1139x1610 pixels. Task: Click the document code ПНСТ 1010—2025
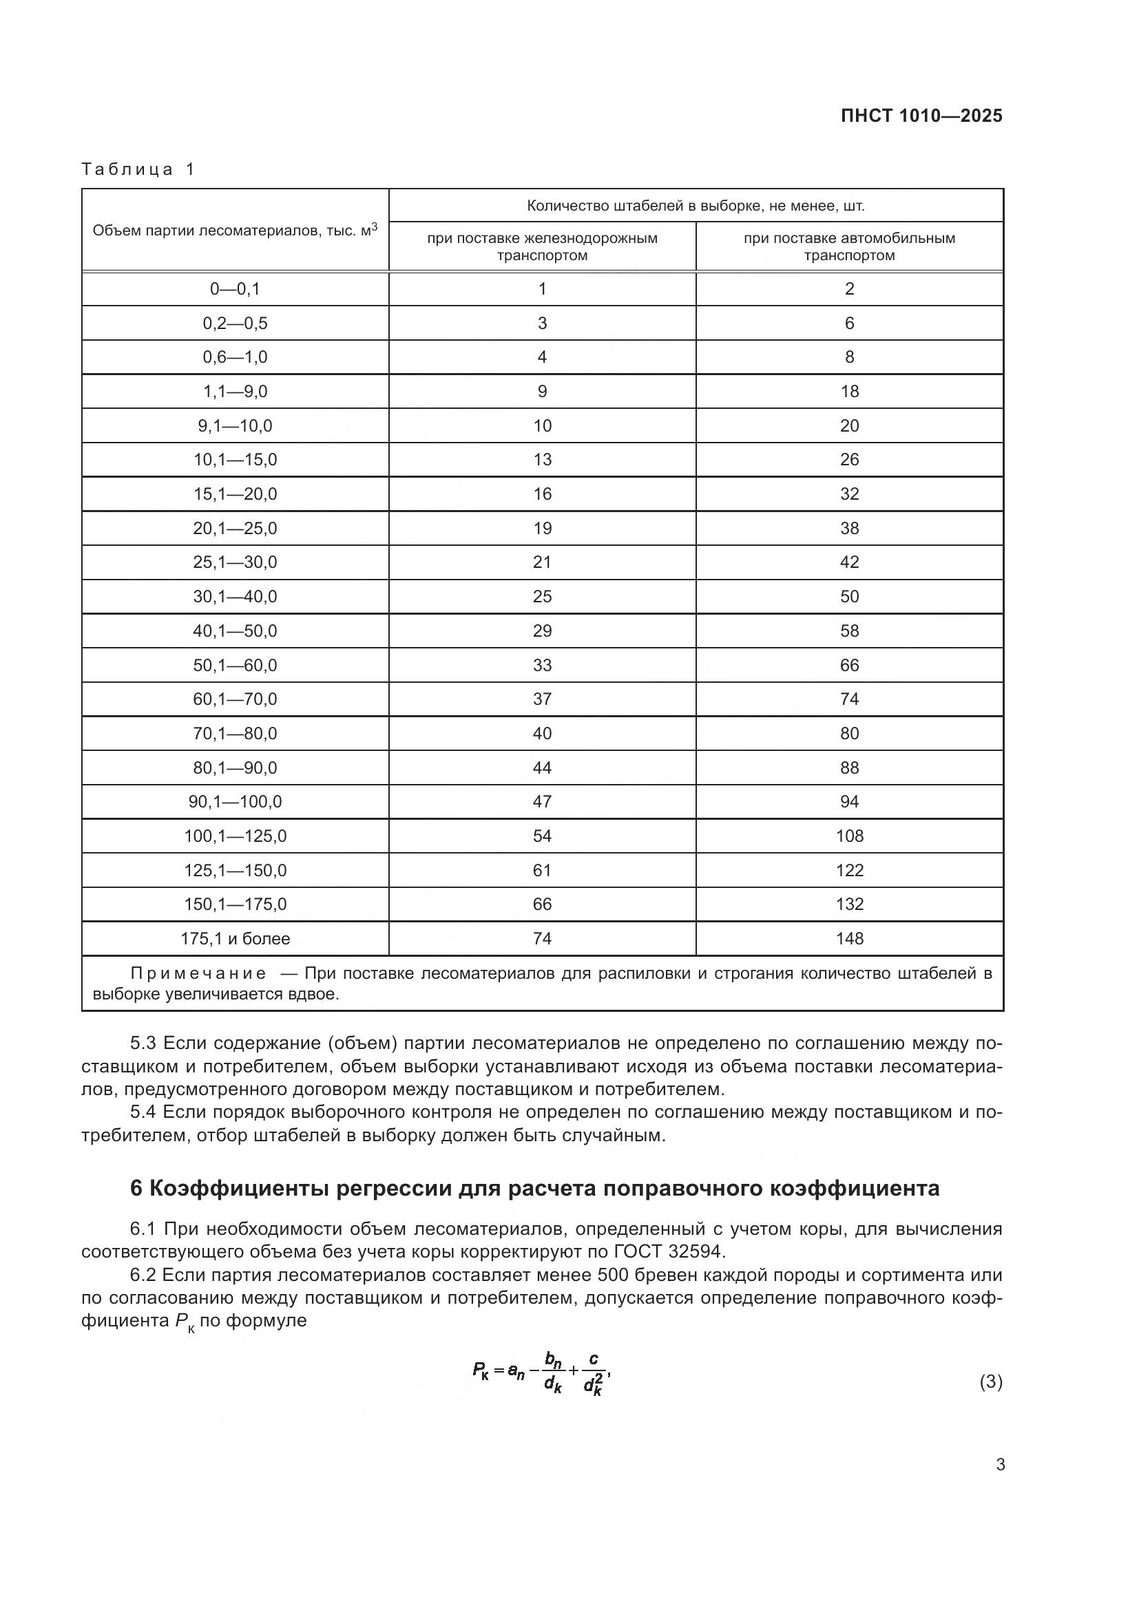point(921,116)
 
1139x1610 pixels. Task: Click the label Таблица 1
point(138,169)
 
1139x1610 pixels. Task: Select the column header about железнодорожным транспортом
point(542,246)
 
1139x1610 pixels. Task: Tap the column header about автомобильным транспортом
point(848,246)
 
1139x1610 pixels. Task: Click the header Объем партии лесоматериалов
point(235,230)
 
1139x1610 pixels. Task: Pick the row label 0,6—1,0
point(235,357)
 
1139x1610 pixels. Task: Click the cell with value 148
point(848,938)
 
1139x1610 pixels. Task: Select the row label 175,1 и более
point(235,938)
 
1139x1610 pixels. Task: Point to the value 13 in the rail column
point(542,460)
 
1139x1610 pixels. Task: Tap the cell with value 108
point(848,836)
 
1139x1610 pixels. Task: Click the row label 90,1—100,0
point(235,801)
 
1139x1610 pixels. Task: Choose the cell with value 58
point(848,631)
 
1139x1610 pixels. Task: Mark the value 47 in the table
point(542,801)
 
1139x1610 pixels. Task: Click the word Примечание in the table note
point(198,973)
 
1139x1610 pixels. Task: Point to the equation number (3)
point(990,1382)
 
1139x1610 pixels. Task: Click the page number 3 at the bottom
point(1000,1464)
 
